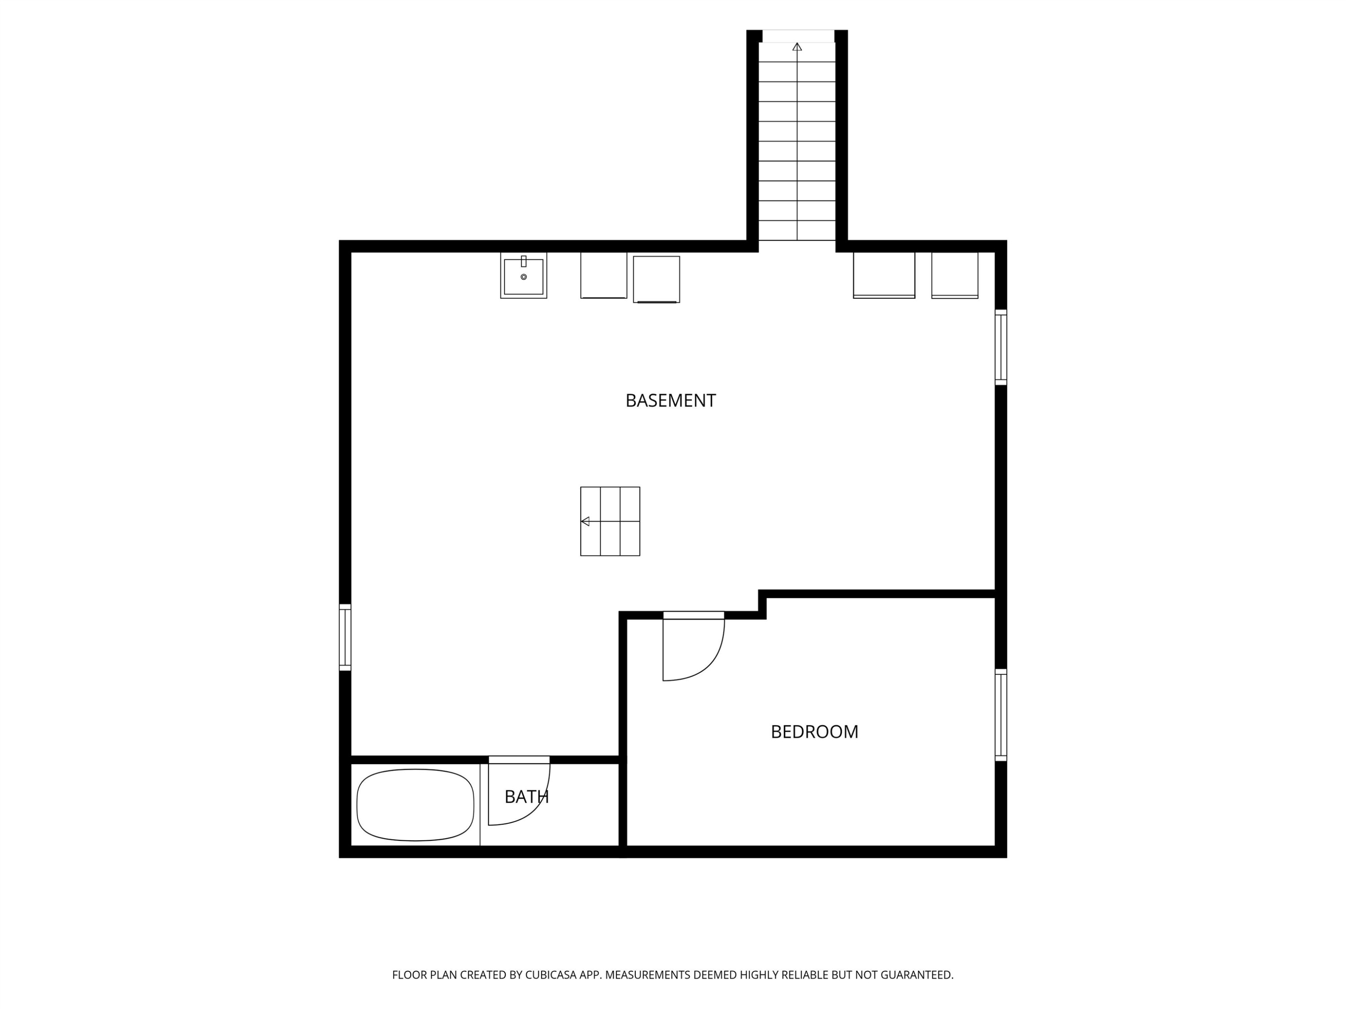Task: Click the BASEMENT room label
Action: coord(671,401)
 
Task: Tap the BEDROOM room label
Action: coord(814,732)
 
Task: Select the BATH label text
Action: coord(526,797)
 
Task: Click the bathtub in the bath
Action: coord(415,805)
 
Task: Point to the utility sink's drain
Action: coord(523,277)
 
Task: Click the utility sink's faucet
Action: coord(523,261)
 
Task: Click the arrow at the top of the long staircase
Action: coord(797,47)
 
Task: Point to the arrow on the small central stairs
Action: coord(586,521)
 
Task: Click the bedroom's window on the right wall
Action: coord(1001,715)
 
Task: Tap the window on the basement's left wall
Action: coord(345,637)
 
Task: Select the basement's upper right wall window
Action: coord(1001,347)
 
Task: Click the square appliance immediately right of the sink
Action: coord(603,275)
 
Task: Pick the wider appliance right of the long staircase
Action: coord(884,275)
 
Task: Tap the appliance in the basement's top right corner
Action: coord(955,275)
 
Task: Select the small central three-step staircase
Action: coord(610,521)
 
